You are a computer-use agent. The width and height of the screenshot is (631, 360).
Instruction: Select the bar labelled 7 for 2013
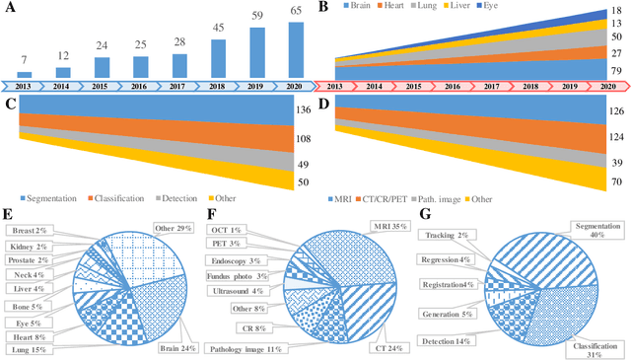point(25,75)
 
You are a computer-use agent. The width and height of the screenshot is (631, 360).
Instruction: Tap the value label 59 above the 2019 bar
point(256,17)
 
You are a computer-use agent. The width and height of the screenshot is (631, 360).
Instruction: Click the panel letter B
point(325,7)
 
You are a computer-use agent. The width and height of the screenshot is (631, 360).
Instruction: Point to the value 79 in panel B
point(615,71)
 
